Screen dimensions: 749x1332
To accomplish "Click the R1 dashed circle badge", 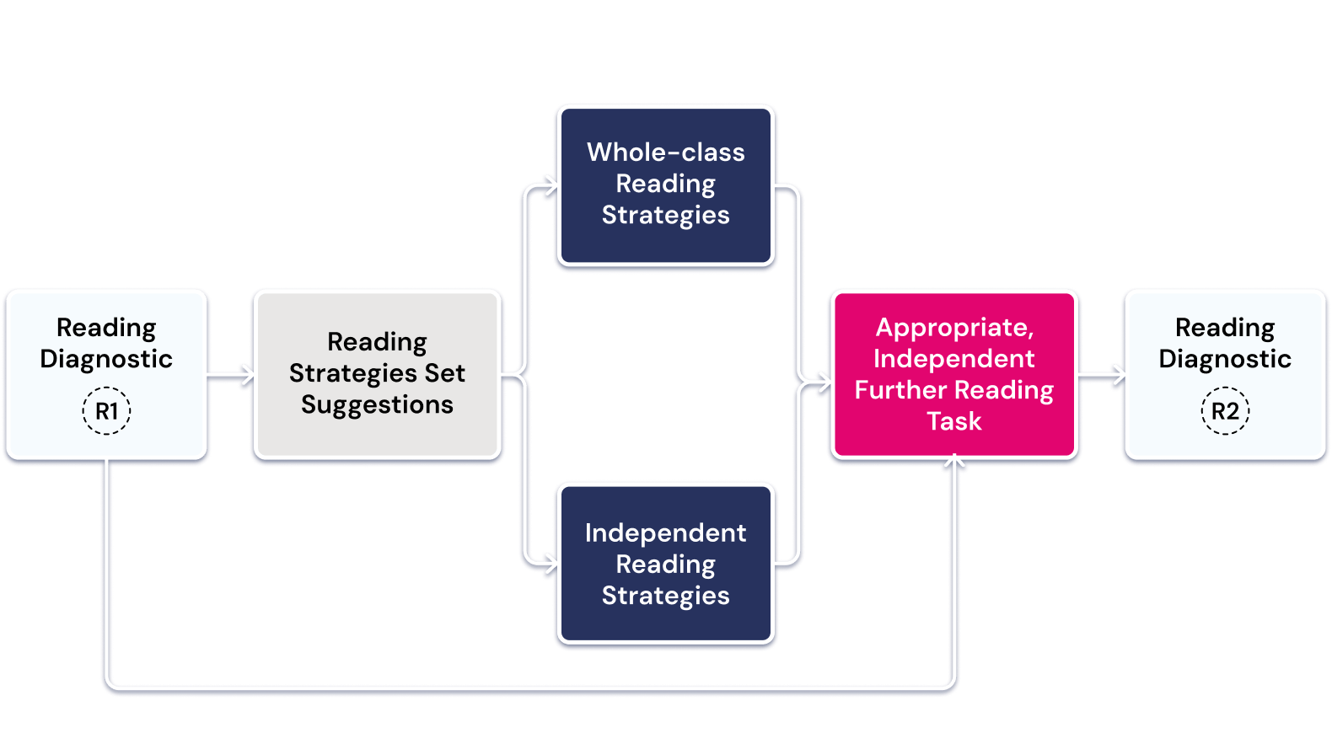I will [106, 411].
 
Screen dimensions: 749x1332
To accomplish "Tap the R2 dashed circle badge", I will [1225, 411].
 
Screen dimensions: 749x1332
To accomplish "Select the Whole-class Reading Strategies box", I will [665, 185].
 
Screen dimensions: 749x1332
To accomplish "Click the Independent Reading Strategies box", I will [665, 564].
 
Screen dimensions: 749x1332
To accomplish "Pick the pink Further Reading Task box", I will [954, 374].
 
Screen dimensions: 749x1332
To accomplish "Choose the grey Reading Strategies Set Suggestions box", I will [377, 374].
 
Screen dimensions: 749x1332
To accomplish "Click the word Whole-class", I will [665, 152].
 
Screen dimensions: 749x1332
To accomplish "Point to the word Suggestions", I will [377, 405].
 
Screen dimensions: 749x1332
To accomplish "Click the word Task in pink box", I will [954, 421].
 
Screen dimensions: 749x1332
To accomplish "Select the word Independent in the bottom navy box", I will [665, 533].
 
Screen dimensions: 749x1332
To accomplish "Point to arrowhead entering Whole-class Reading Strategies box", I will [551, 185].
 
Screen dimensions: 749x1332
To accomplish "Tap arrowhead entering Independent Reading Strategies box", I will [551, 563].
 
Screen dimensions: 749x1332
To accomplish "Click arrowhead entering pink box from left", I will [824, 384].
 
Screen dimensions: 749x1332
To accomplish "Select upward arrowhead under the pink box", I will [954, 462].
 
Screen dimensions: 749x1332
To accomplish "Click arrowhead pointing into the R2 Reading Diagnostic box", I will [1118, 374].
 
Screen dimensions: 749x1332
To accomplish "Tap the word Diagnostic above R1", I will [106, 359].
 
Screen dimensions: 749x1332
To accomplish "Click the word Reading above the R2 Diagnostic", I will [1225, 328].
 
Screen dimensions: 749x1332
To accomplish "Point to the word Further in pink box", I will [900, 390].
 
